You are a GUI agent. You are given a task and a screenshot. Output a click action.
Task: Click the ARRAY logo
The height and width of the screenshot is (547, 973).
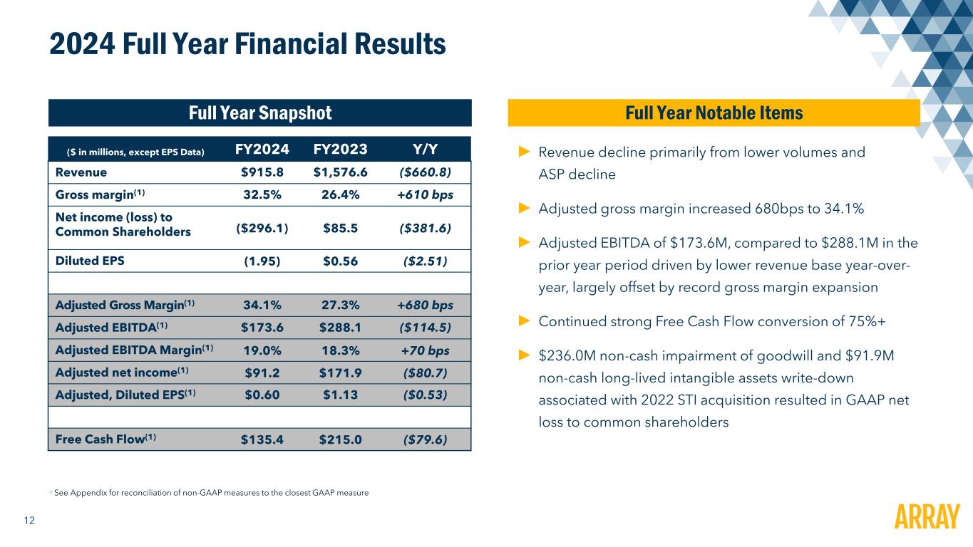pos(926,516)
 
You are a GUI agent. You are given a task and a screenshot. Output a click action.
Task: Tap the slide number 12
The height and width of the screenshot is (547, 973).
pos(30,521)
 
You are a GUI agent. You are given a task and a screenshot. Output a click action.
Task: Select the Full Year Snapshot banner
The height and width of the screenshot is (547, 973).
pos(260,113)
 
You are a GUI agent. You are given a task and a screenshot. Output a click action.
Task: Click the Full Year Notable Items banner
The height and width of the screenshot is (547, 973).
pos(714,113)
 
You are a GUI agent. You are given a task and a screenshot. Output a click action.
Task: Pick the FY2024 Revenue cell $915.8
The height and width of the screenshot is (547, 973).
pos(262,172)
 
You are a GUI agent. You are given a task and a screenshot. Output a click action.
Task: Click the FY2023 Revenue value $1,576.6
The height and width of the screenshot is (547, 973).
pos(341,172)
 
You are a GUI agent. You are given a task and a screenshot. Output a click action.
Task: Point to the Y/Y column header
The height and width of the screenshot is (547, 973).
pos(425,149)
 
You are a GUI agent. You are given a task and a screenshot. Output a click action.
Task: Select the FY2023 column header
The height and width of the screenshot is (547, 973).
pos(340,149)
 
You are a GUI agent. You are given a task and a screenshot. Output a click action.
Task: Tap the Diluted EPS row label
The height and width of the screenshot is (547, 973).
pos(90,260)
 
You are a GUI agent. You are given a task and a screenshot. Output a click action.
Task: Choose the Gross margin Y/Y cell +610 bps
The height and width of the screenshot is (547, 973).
pos(425,195)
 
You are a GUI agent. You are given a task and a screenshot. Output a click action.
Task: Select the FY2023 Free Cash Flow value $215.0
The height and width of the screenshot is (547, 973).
pos(340,439)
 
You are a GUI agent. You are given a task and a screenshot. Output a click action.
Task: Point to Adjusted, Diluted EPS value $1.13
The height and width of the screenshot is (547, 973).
pos(340,395)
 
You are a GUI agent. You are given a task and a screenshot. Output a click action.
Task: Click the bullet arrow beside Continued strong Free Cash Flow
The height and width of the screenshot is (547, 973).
pos(524,321)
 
